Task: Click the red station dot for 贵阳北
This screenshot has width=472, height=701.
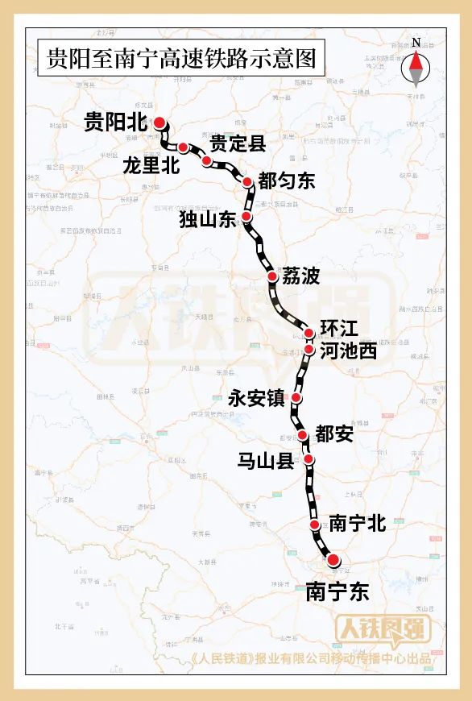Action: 159,122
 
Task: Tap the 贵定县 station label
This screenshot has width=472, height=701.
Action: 238,144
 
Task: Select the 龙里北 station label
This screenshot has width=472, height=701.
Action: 151,166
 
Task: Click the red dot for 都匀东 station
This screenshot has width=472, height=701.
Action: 248,182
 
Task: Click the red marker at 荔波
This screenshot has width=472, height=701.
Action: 272,276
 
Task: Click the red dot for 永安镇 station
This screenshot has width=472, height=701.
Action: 297,398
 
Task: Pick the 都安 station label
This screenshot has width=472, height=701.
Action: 334,434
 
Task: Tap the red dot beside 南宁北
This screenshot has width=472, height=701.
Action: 315,525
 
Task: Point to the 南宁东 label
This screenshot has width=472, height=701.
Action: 337,591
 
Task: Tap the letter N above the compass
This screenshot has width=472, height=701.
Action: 416,43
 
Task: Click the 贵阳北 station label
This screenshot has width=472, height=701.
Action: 117,122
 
